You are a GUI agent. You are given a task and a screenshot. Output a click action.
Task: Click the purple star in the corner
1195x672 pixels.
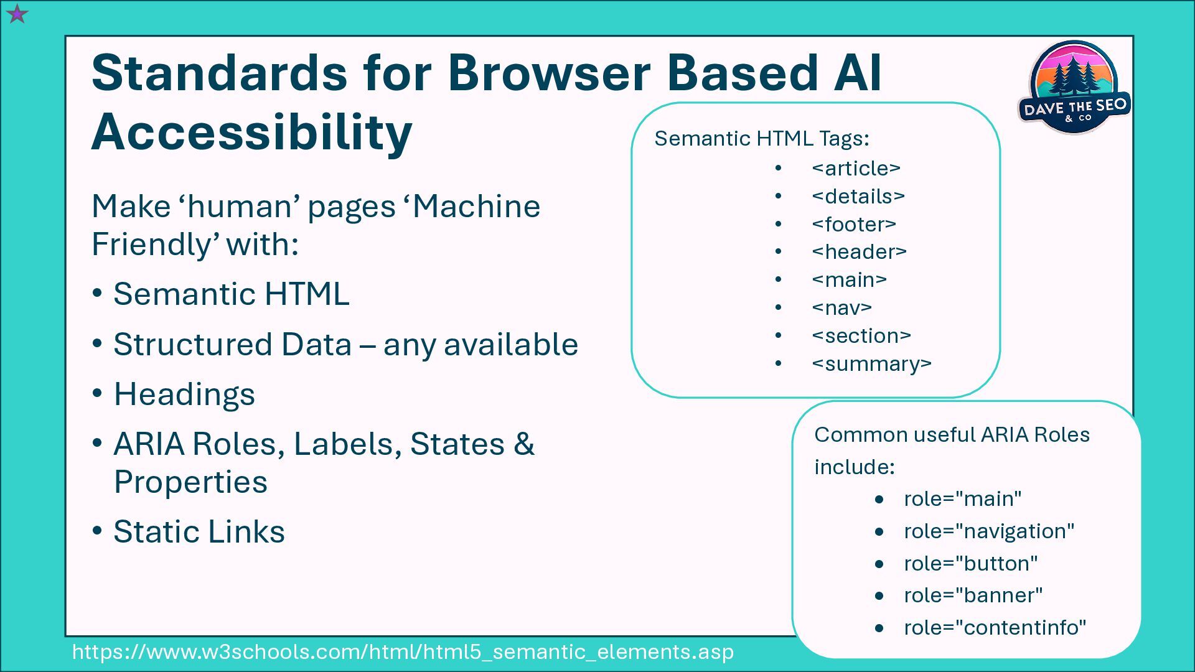click(x=17, y=14)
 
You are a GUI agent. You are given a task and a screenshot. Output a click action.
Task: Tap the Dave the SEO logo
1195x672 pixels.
click(x=1074, y=88)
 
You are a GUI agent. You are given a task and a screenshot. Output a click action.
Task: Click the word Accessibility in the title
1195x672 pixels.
click(x=251, y=132)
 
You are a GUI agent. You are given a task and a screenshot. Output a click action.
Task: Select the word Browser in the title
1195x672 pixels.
click(x=549, y=72)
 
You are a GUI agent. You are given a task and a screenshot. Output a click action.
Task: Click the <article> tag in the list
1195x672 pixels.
click(x=856, y=168)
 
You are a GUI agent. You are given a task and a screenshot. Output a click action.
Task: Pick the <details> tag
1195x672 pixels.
click(x=858, y=196)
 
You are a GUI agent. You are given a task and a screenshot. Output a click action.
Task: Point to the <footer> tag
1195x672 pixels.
click(x=853, y=224)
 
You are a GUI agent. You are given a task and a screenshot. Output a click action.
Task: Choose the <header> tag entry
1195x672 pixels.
click(x=859, y=251)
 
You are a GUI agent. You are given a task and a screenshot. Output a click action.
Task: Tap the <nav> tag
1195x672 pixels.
click(x=841, y=307)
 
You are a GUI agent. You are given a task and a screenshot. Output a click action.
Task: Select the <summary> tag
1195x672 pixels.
click(x=871, y=363)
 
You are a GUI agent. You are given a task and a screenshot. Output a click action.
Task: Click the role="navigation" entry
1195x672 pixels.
click(x=989, y=531)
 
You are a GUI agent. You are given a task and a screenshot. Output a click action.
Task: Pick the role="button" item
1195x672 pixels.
click(x=970, y=563)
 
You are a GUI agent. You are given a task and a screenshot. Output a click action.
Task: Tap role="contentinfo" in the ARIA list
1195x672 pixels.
click(x=995, y=627)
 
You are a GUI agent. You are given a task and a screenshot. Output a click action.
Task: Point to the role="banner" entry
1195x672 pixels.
click(x=973, y=595)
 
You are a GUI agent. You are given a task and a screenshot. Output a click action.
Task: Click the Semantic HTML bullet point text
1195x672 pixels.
click(x=231, y=294)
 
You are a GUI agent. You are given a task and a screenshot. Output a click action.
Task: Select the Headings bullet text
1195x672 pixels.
click(x=184, y=394)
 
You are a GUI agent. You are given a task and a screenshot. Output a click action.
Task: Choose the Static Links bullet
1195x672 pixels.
click(x=199, y=531)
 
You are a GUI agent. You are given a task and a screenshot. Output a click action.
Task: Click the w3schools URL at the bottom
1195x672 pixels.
click(x=403, y=651)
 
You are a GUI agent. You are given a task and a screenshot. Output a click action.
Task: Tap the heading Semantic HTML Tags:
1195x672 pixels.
click(x=761, y=138)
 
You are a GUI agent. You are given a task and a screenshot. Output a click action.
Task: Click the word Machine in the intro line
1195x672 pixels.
click(x=476, y=206)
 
